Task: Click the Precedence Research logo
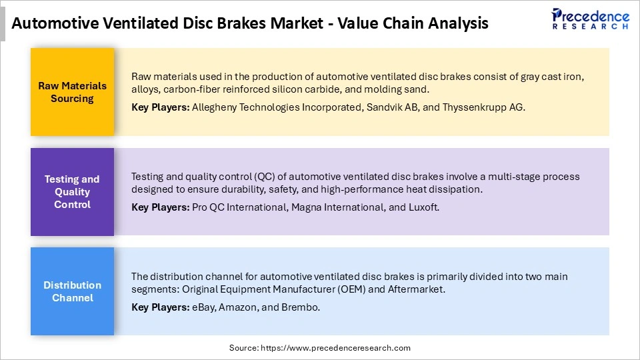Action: [591, 19]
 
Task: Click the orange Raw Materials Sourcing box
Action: [72, 92]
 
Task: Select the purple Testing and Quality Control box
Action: [72, 191]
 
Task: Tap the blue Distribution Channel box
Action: [72, 291]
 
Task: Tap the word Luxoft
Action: [423, 207]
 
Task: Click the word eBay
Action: [203, 307]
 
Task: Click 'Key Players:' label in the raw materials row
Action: [160, 107]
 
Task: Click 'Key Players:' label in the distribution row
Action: [160, 307]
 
